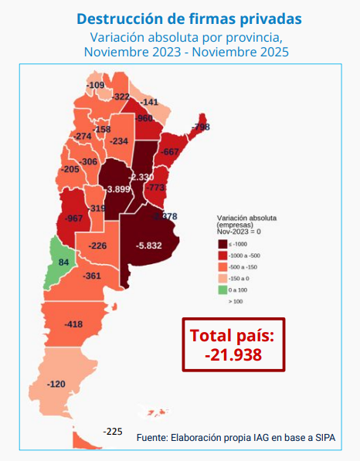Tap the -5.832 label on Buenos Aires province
tap(148, 246)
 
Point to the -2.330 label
tap(141, 177)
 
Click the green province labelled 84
tap(63, 263)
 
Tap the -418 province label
tap(74, 324)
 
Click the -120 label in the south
tap(56, 384)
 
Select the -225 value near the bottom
tap(113, 431)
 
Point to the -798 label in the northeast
tap(201, 127)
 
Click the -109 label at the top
tap(95, 85)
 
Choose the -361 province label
tap(92, 276)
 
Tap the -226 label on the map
tap(97, 246)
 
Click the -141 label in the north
tap(150, 102)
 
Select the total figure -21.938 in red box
tap(233, 355)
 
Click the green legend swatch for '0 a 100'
tap(222, 290)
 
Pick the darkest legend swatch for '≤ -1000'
tap(222, 244)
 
